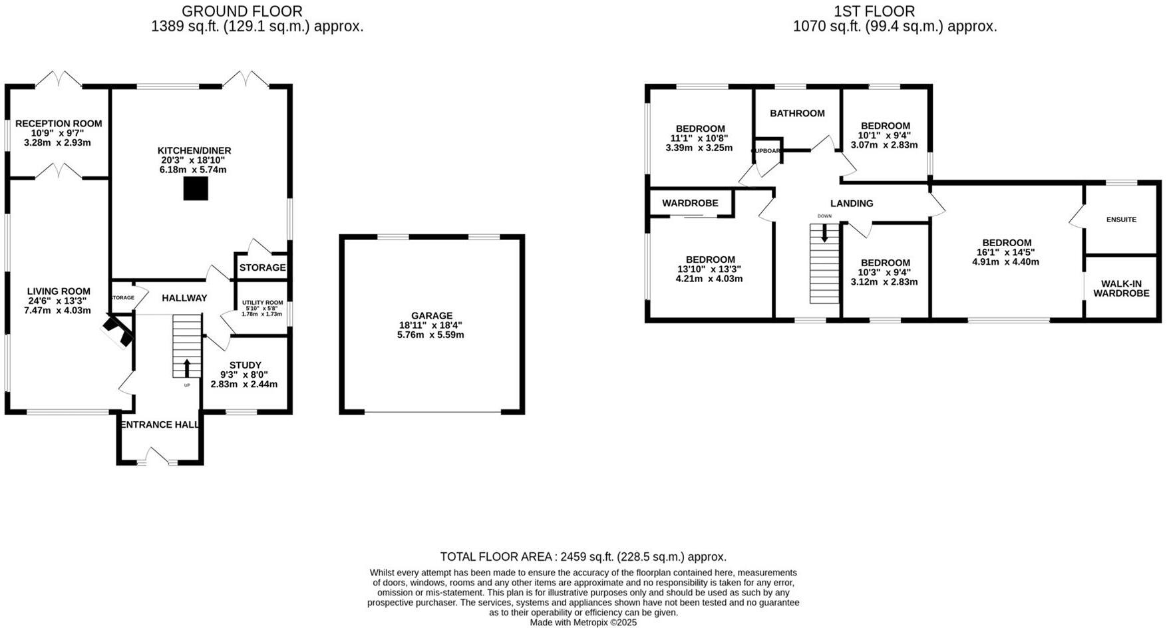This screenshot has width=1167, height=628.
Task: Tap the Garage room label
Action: (431, 315)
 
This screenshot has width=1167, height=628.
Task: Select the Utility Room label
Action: (262, 303)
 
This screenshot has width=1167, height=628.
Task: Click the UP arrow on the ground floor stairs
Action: (187, 367)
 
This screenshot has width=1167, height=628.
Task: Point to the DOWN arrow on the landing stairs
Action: (824, 232)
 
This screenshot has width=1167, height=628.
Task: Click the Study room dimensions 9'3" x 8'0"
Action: (244, 375)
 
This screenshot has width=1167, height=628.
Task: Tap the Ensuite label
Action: (1121, 220)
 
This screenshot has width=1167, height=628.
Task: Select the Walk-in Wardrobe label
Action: (1121, 288)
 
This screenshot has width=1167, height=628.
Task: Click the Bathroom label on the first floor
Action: (797, 113)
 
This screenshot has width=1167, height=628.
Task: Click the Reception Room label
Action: (59, 123)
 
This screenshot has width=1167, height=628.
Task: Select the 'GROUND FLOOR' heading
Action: (242, 11)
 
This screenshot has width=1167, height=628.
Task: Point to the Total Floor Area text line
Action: (583, 556)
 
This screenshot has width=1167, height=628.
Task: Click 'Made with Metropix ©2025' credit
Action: (583, 623)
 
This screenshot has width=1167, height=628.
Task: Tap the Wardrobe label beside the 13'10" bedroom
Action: (690, 203)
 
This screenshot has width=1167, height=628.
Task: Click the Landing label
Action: (851, 203)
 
